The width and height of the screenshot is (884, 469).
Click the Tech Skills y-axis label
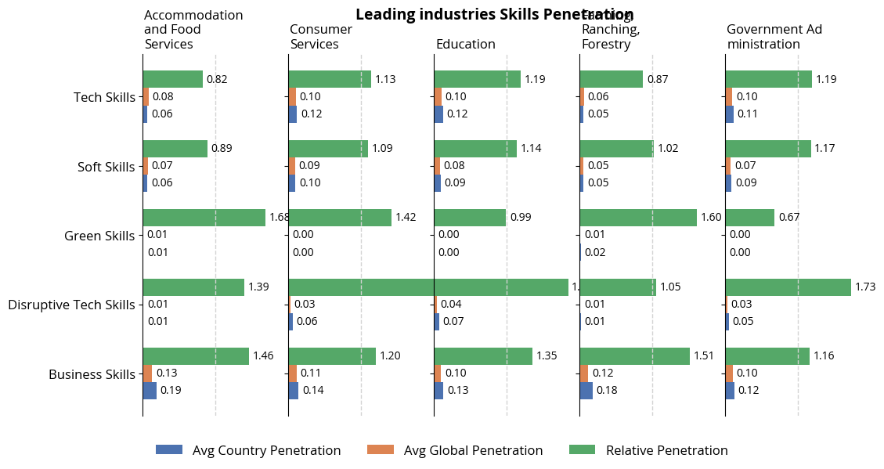coord(104,97)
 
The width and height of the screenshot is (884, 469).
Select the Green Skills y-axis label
coord(99,236)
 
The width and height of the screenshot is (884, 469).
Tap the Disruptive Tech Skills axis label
coord(71,305)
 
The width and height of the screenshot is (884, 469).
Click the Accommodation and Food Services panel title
coord(193,30)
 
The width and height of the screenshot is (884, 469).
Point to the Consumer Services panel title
coord(321,37)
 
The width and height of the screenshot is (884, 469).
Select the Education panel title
coord(465,44)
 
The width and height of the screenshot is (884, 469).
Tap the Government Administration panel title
coord(774,37)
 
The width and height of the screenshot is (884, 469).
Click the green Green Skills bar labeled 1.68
coord(204,218)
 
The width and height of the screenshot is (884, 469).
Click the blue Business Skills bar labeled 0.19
coord(150,390)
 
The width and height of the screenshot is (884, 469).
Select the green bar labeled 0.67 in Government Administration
coord(749,218)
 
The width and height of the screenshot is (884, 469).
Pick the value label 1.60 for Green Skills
coord(711,218)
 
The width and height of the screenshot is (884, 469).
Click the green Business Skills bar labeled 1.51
coord(634,356)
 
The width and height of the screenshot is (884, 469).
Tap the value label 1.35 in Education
coord(548,356)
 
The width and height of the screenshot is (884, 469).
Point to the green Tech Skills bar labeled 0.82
coord(172,79)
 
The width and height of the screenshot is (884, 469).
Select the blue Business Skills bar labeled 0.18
coord(586,390)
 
